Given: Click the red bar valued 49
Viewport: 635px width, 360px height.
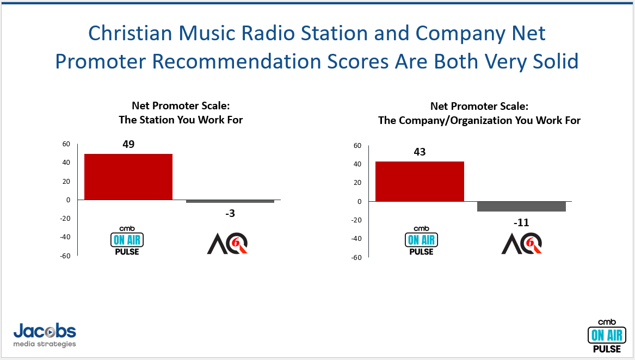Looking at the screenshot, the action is [128, 177].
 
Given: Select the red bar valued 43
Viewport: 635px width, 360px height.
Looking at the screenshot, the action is [420, 182].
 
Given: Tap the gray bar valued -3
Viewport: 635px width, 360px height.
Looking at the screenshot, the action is [230, 201].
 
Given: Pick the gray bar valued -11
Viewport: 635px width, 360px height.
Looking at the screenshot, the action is [521, 206].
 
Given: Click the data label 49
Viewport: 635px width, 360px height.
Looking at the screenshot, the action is [128, 144].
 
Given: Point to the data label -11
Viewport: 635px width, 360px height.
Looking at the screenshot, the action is [521, 222].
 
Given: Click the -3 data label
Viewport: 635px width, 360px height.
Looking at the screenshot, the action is [230, 213].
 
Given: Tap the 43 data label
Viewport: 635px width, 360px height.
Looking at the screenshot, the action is [420, 152].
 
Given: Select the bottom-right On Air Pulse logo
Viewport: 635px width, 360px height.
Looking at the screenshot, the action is [607, 336].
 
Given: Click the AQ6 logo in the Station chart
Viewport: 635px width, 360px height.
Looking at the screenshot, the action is [227, 244].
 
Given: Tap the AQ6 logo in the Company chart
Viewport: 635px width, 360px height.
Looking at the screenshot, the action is [522, 244].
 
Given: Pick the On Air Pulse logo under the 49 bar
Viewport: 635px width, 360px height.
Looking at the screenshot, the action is [127, 241].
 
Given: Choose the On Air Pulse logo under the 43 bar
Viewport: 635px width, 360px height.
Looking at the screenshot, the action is [421, 241].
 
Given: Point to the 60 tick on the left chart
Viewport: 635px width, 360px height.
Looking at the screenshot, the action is [66, 144].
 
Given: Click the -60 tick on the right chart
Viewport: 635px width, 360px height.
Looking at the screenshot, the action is [356, 258].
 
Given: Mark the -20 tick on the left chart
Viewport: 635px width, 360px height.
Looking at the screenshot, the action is [65, 218].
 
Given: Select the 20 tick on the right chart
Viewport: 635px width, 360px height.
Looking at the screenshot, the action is [357, 183].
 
